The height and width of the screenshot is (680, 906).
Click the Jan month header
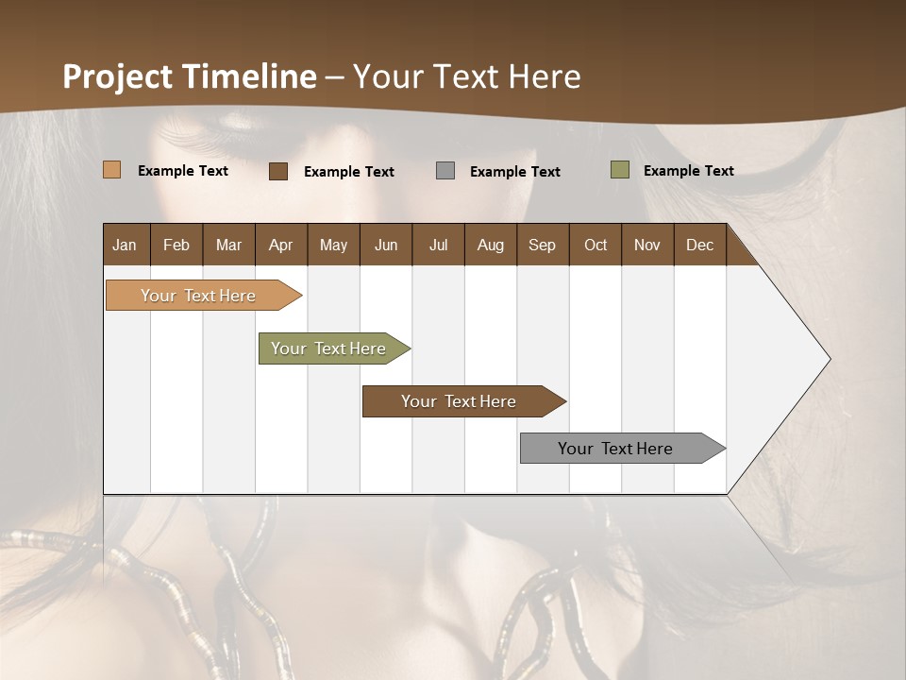pos(126,245)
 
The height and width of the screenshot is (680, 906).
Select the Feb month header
pos(176,245)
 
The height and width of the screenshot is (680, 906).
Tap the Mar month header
pos(228,245)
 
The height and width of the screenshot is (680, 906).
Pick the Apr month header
pos(280,245)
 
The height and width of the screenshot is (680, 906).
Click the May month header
pos(333,245)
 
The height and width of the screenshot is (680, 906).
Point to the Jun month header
pos(386,245)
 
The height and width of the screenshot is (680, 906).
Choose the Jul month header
pos(438,245)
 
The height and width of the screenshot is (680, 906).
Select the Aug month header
pos(490,245)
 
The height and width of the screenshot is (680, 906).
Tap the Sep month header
pos(542,245)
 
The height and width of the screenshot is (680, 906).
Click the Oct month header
pos(596,245)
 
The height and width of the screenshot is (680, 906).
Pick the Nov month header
pos(646,245)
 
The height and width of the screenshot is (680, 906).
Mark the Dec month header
pos(699,245)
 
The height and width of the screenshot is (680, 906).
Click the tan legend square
pos(111,170)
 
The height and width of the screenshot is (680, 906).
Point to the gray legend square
pos(445,170)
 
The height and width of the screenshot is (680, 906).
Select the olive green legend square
pos(620,170)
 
